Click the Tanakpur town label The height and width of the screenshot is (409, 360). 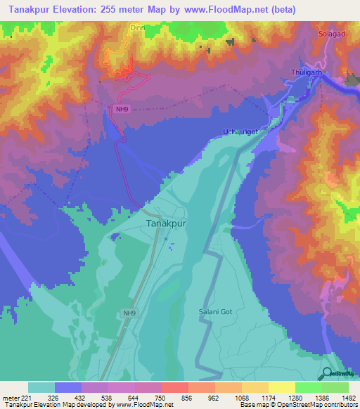[167, 223]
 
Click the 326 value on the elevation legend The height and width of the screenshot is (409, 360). [68, 398]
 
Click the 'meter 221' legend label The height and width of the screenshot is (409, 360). [15, 398]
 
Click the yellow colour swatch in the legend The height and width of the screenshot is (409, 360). [281, 387]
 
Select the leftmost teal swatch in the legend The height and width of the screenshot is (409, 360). [41, 387]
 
